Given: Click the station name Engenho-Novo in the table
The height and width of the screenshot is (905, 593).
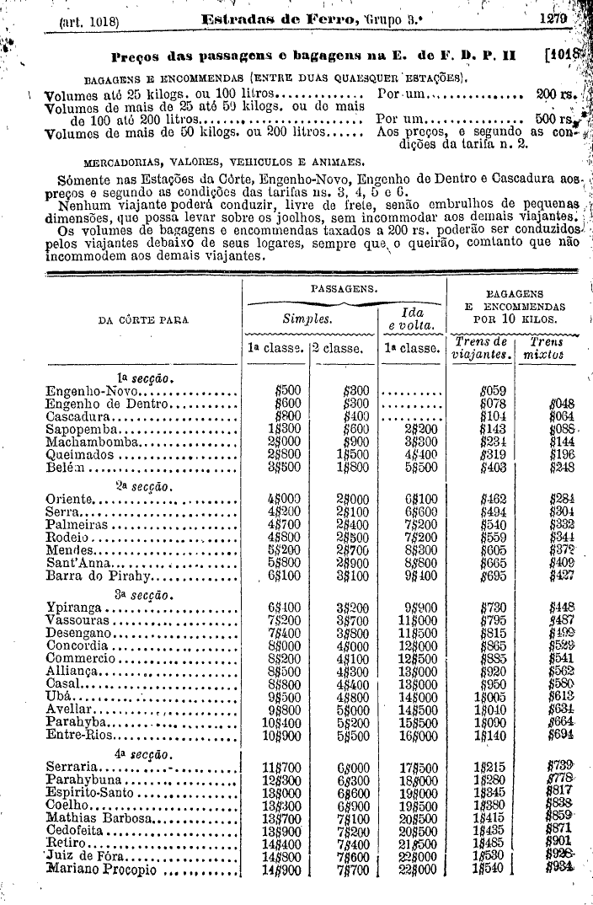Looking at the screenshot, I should [x=90, y=391].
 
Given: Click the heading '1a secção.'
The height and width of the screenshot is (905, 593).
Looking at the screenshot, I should [x=140, y=378].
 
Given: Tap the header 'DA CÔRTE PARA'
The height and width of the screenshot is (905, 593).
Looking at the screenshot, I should [x=143, y=320].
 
